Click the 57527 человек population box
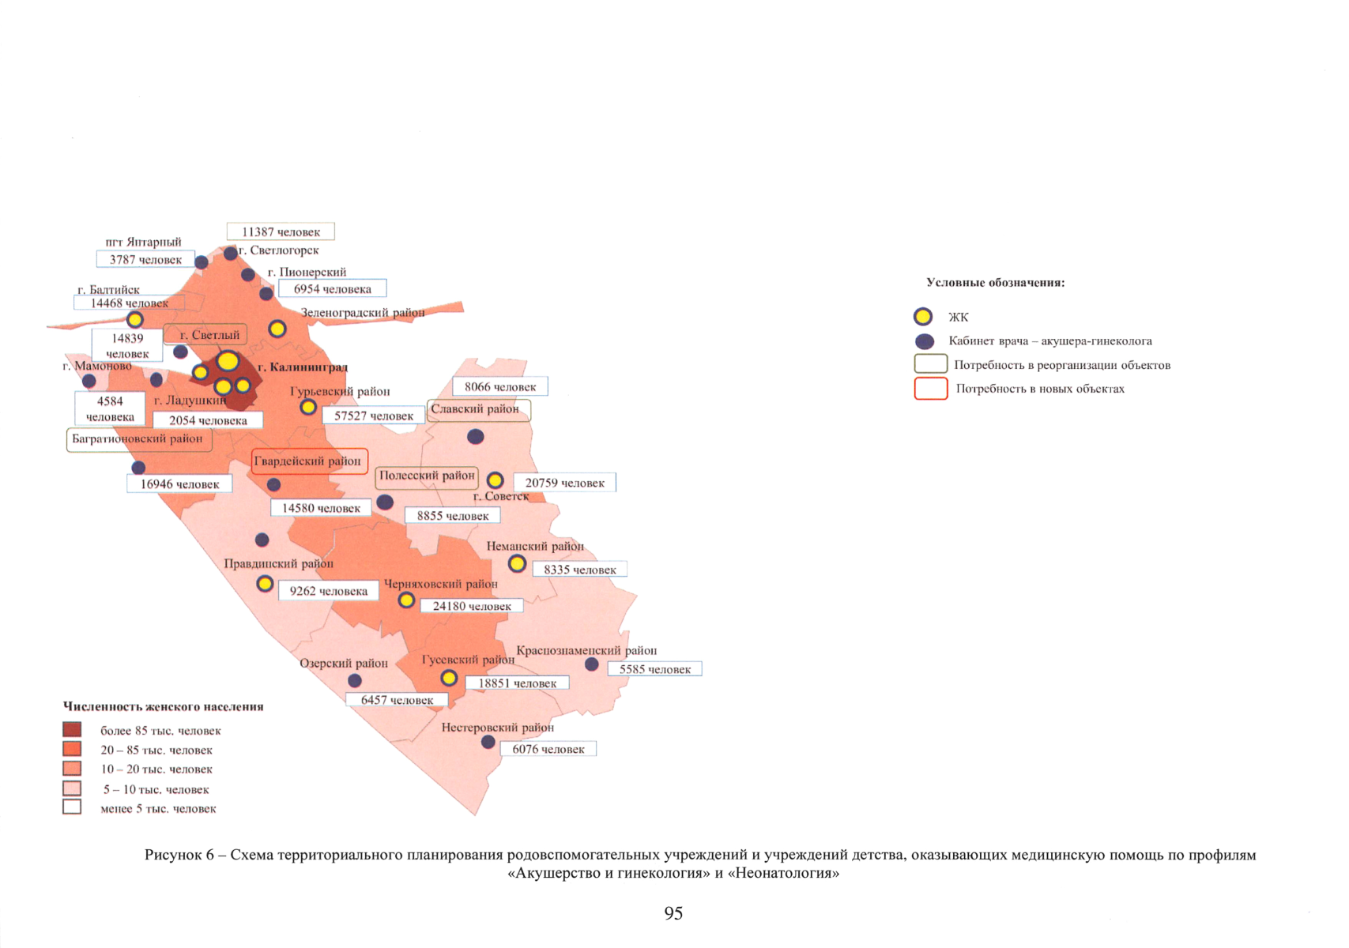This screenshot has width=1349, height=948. click(374, 416)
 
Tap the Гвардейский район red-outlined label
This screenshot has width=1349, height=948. click(309, 461)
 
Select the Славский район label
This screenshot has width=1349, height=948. click(478, 409)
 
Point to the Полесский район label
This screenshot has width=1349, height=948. click(427, 476)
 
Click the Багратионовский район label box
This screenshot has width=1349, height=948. click(139, 439)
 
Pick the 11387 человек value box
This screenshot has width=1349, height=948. click(281, 231)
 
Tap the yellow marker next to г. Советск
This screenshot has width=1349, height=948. click(496, 480)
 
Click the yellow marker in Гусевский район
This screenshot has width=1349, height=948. click(449, 678)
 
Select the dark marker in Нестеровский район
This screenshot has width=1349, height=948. click(488, 742)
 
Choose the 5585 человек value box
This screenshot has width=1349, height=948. click(654, 669)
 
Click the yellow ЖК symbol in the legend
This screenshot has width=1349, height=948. click(923, 317)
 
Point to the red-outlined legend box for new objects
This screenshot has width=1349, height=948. click(931, 389)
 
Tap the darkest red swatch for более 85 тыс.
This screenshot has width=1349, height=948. click(72, 730)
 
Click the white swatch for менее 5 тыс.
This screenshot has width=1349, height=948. click(72, 807)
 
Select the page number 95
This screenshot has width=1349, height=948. click(673, 913)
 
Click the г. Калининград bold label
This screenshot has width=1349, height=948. click(303, 367)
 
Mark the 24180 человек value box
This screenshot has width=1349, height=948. click(471, 606)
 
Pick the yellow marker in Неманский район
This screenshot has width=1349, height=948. click(517, 564)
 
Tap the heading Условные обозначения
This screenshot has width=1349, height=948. click(995, 283)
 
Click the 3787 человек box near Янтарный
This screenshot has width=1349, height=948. click(145, 259)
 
